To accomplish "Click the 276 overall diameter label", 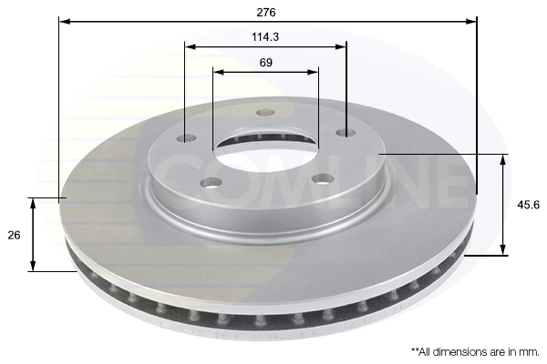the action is pos(266,12).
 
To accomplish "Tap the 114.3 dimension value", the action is pos(265,36).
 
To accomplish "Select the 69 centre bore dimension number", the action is pos(265,63).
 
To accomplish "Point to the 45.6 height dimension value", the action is pos(528,205).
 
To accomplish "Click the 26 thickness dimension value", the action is pos(14,235).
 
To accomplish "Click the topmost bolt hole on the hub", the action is pos(265,112).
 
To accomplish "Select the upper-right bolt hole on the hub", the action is pos(346,133).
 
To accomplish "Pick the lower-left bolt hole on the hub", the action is pos(212,182).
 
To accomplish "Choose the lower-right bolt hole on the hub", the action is pos(323,179).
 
